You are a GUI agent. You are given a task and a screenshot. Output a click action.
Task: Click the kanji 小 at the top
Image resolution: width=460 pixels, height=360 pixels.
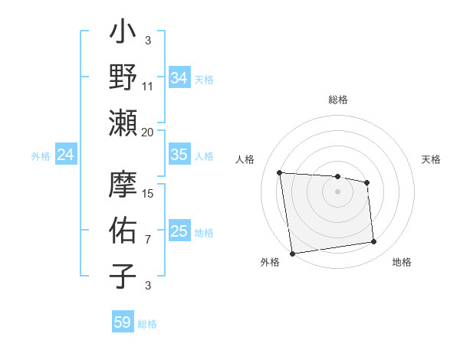point(123,34)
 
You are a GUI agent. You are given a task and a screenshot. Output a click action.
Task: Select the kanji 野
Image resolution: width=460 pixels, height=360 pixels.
point(123,79)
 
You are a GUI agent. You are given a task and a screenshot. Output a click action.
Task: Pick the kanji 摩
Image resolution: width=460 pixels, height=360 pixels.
point(123,186)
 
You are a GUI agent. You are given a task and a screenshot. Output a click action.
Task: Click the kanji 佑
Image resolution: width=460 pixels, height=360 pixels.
point(123,231)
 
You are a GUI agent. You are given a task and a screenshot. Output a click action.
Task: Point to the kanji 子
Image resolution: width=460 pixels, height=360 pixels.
point(123,276)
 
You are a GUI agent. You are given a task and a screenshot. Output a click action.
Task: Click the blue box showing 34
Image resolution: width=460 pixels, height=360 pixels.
point(179,77)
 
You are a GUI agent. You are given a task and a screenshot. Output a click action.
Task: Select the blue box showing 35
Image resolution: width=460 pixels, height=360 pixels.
point(179,155)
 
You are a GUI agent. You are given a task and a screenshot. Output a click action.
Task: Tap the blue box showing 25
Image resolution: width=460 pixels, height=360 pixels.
point(179,231)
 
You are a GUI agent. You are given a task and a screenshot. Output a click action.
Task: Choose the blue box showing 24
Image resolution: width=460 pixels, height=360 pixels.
point(65,155)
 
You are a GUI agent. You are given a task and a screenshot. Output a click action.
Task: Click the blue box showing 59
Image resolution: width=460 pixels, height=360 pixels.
point(122,322)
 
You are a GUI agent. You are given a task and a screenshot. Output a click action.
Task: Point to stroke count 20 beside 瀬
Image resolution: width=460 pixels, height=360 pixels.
point(148,132)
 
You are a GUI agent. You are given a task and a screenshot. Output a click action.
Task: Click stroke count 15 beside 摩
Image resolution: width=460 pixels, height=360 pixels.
point(148,194)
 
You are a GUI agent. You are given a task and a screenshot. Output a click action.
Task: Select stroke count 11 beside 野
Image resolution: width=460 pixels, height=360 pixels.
point(148,87)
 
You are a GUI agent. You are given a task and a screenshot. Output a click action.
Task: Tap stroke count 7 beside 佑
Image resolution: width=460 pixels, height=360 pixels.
point(148,239)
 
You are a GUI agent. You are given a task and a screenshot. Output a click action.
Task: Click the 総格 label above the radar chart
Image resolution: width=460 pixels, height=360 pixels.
point(337,100)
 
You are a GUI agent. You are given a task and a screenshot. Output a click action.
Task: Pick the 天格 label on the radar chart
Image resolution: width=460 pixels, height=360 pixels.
point(431,159)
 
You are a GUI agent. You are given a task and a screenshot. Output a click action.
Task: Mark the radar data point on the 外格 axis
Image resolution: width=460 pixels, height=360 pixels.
point(292,253)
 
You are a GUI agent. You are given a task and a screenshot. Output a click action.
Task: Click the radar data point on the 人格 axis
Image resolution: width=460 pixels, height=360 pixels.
point(280,172)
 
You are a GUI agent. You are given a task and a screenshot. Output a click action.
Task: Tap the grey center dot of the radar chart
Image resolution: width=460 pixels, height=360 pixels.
point(337,191)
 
